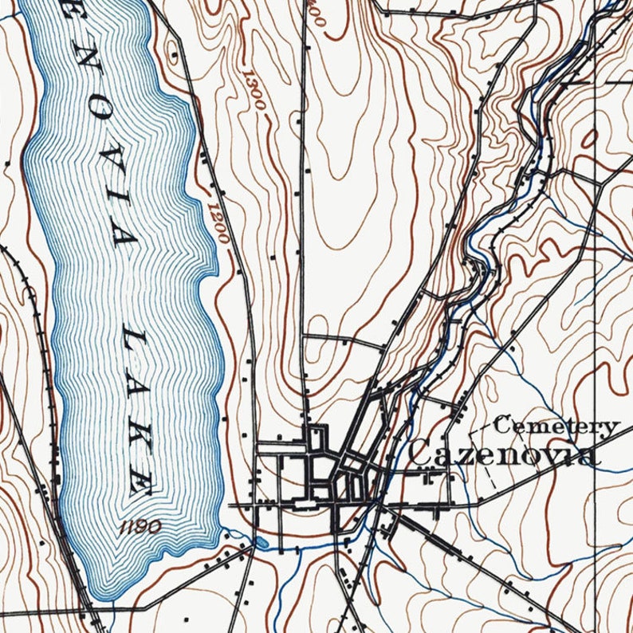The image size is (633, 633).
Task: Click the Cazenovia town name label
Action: click(x=501, y=454)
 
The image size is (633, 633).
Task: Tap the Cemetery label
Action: click(x=556, y=427)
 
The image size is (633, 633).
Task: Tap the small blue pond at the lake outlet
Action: click(x=261, y=543)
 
